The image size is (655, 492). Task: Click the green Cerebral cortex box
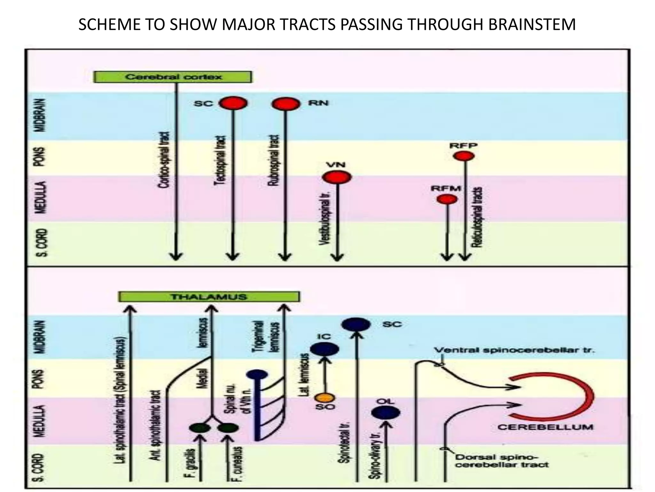pyautogui.click(x=173, y=77)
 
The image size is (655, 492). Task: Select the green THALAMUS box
pyautogui.click(x=209, y=297)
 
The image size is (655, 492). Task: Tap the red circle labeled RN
pyautogui.click(x=286, y=103)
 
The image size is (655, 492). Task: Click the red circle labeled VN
pyautogui.click(x=337, y=177)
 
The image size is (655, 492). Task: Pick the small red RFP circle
pyautogui.click(x=464, y=156)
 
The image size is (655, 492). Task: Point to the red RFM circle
pyautogui.click(x=447, y=199)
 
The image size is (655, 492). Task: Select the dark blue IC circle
pyautogui.click(x=325, y=349)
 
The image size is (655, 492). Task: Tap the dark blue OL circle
pyautogui.click(x=386, y=412)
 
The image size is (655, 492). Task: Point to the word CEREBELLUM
pyautogui.click(x=545, y=427)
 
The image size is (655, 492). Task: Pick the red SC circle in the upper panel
pyautogui.click(x=233, y=103)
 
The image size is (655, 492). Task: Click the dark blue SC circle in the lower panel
pyautogui.click(x=356, y=324)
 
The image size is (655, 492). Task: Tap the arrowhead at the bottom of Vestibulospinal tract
pyautogui.click(x=337, y=258)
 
